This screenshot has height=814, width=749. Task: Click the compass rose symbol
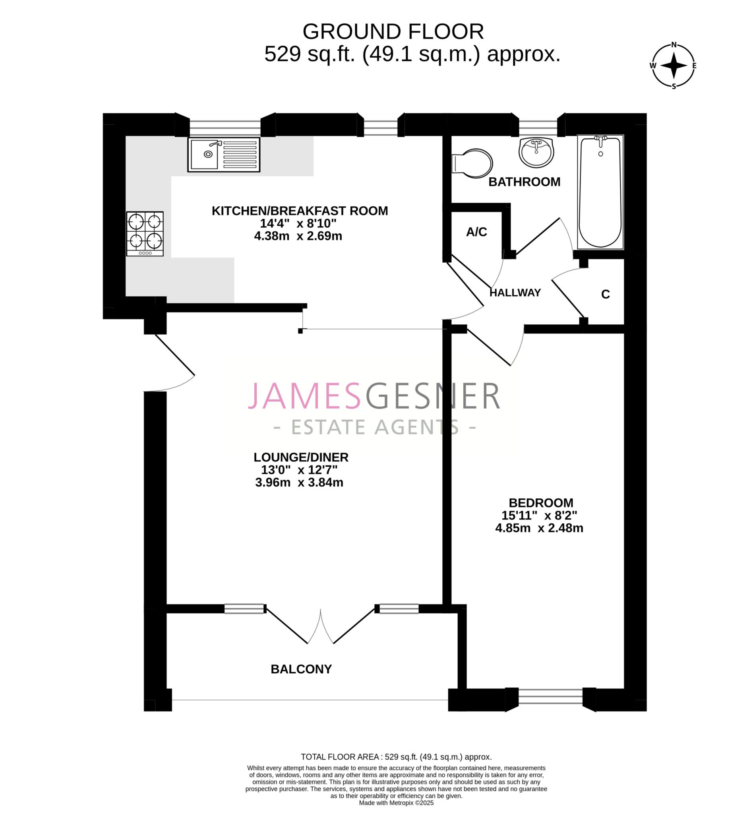point(674,65)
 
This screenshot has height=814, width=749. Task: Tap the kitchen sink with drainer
point(224,155)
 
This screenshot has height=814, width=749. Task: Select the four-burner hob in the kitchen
point(145,233)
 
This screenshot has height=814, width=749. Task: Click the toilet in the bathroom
point(472,163)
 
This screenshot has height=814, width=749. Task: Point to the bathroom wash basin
point(536,151)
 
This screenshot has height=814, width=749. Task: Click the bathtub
point(600,192)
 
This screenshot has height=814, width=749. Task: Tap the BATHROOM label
point(524,182)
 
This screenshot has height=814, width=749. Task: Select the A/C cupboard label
point(477,232)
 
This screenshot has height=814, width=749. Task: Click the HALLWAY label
point(515,293)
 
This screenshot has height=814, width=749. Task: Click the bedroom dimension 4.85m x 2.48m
point(539,528)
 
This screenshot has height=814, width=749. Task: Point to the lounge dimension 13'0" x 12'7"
point(299,470)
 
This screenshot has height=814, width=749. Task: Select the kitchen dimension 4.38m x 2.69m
point(298,236)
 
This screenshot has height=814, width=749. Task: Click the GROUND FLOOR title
point(393,32)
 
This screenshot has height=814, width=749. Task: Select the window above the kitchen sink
point(225,128)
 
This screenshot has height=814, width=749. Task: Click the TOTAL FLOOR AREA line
point(396,757)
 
